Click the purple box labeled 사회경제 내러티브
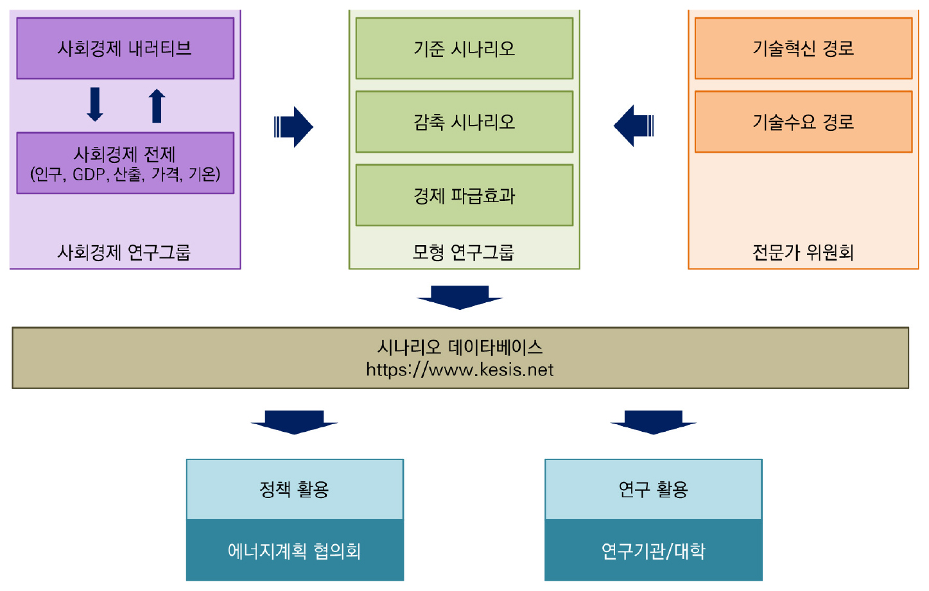pyautogui.click(x=125, y=49)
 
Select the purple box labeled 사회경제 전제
pyautogui.click(x=125, y=163)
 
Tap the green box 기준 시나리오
pyautogui.click(x=464, y=49)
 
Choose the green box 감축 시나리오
pyautogui.click(x=464, y=122)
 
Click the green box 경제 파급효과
pyautogui.click(x=464, y=195)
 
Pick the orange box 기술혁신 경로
pyautogui.click(x=803, y=49)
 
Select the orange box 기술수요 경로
pyautogui.click(x=803, y=122)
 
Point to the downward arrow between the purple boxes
pyautogui.click(x=95, y=105)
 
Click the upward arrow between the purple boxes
pyautogui.click(x=157, y=105)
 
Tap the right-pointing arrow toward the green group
pyautogui.click(x=294, y=126)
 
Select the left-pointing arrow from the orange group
pyautogui.click(x=634, y=126)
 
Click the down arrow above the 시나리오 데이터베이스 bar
pyautogui.click(x=460, y=297)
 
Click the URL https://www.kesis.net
pyautogui.click(x=460, y=370)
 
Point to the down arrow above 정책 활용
pyautogui.click(x=294, y=422)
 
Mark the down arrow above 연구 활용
pyautogui.click(x=654, y=422)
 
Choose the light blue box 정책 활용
pyautogui.click(x=295, y=490)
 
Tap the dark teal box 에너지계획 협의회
pyautogui.click(x=295, y=551)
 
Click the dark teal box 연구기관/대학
pyautogui.click(x=654, y=551)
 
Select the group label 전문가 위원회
pyautogui.click(x=803, y=252)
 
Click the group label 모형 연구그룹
pyautogui.click(x=464, y=252)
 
